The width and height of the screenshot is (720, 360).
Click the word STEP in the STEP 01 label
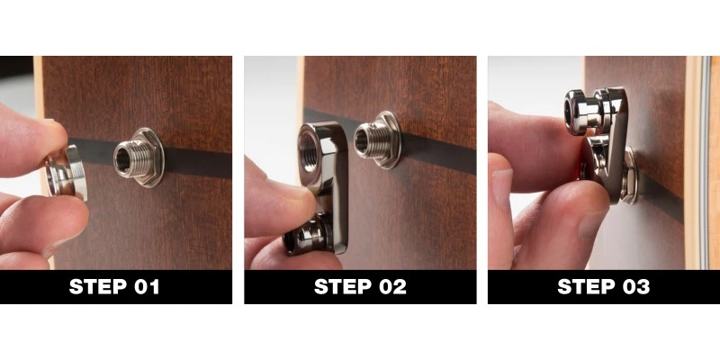tap(99, 288)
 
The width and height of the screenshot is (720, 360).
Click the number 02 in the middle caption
tap(390, 288)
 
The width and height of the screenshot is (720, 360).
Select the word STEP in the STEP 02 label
tap(343, 288)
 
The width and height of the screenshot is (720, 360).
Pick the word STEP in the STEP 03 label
tap(587, 288)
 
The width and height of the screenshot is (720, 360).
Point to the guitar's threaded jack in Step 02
tap(371, 139)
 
